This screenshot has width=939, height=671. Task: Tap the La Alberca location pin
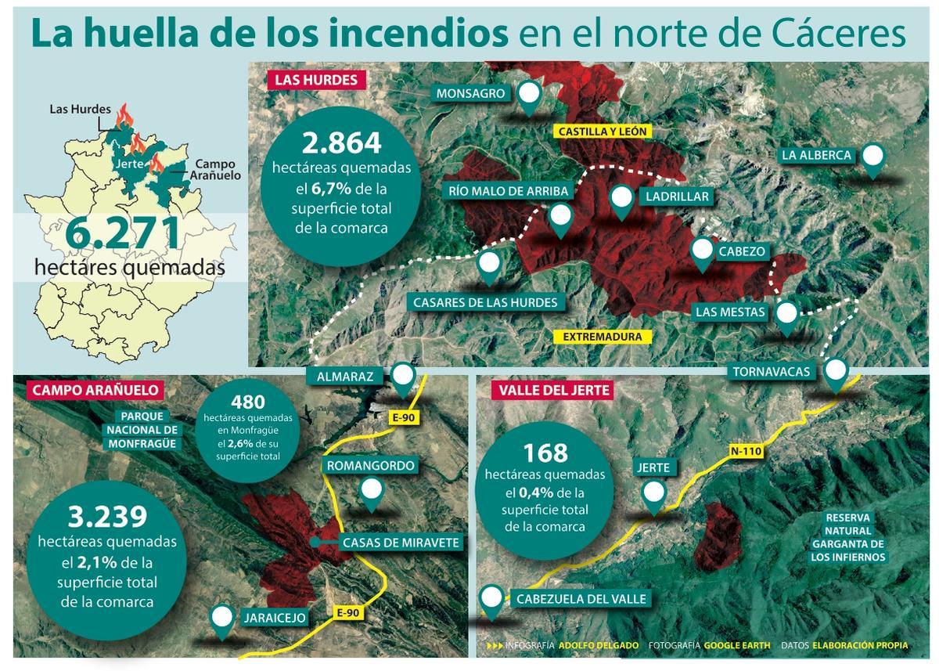(872, 157)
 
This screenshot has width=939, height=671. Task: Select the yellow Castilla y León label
(603, 132)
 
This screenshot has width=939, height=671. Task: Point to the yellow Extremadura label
(603, 337)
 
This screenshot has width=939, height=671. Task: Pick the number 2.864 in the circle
(341, 142)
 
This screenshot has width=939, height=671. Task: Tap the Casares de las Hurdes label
(485, 302)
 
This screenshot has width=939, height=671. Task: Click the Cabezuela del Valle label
(581, 599)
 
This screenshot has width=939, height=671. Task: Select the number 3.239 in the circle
(107, 518)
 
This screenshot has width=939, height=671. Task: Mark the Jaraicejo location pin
(223, 618)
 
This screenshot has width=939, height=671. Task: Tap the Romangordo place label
(371, 466)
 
